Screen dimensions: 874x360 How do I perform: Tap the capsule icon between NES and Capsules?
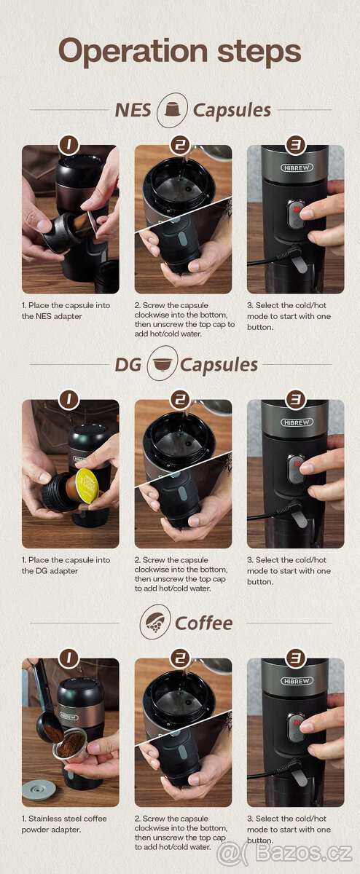172,109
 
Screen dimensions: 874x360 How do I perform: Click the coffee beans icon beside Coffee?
155,622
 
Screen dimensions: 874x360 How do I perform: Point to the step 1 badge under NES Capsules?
69,145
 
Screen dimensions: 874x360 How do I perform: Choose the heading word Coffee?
204,623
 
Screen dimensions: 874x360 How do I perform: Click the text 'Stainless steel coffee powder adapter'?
64,824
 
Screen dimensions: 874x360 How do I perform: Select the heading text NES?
133,110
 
